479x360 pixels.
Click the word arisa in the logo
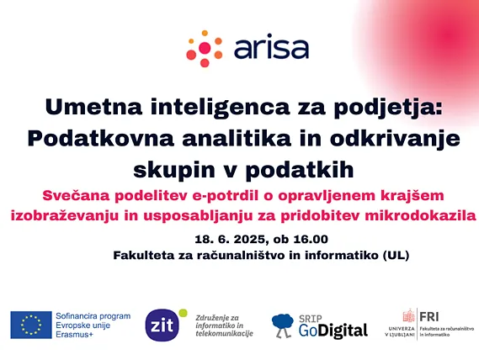click(x=271, y=47)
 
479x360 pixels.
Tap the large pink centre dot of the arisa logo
click(x=205, y=48)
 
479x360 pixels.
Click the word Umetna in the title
click(x=93, y=107)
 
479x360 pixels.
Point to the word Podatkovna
click(x=101, y=138)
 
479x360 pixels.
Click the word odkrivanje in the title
click(x=395, y=140)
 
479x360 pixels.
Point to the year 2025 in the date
click(x=251, y=240)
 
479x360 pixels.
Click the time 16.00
click(x=311, y=239)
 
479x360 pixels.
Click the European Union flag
click(x=31, y=325)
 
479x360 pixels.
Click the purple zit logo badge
click(x=162, y=326)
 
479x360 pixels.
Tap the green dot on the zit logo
click(x=183, y=313)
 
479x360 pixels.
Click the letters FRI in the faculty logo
click(x=428, y=317)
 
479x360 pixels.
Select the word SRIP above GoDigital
click(x=311, y=319)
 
